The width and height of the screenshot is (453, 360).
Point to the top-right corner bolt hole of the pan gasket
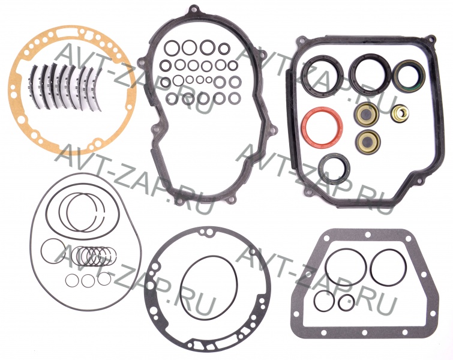tap(431, 38)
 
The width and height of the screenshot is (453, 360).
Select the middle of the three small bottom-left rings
tap(82, 281)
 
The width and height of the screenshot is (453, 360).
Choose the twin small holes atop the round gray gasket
tap(208, 232)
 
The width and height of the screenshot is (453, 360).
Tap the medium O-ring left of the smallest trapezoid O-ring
tap(316, 302)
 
